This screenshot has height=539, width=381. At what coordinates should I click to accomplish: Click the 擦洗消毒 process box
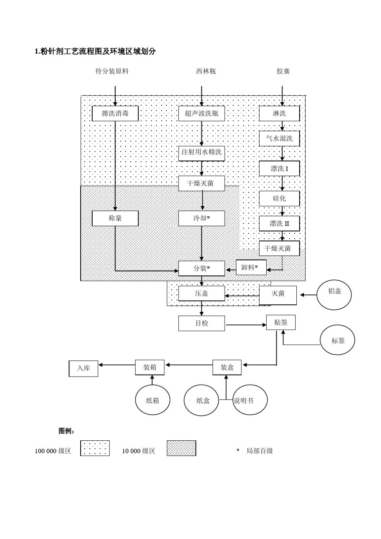(115, 113)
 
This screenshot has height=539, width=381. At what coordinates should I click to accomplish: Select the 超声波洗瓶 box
(201, 113)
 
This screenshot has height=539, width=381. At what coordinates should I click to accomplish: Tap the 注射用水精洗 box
(201, 153)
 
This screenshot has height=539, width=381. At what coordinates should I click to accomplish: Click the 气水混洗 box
(279, 138)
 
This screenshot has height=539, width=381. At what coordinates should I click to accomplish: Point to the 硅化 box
(279, 199)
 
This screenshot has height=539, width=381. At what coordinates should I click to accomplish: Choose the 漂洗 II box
(279, 223)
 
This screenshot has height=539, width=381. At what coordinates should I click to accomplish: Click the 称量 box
(115, 218)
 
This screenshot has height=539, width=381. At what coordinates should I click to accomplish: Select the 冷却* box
(201, 218)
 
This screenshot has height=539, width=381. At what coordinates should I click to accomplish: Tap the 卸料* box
(251, 267)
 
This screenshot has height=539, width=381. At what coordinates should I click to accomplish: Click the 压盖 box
(201, 293)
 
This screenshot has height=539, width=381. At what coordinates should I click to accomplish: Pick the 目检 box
(201, 323)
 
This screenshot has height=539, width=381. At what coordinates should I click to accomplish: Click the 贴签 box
(281, 322)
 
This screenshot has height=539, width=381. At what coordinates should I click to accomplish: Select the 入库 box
(83, 369)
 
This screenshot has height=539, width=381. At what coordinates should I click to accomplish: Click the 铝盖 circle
(334, 295)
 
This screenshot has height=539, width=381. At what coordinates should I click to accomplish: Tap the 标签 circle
(337, 340)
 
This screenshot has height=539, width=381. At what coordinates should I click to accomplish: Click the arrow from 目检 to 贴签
(246, 325)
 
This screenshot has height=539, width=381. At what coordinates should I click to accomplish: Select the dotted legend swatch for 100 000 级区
(95, 448)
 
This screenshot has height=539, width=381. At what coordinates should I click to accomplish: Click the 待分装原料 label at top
(112, 71)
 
